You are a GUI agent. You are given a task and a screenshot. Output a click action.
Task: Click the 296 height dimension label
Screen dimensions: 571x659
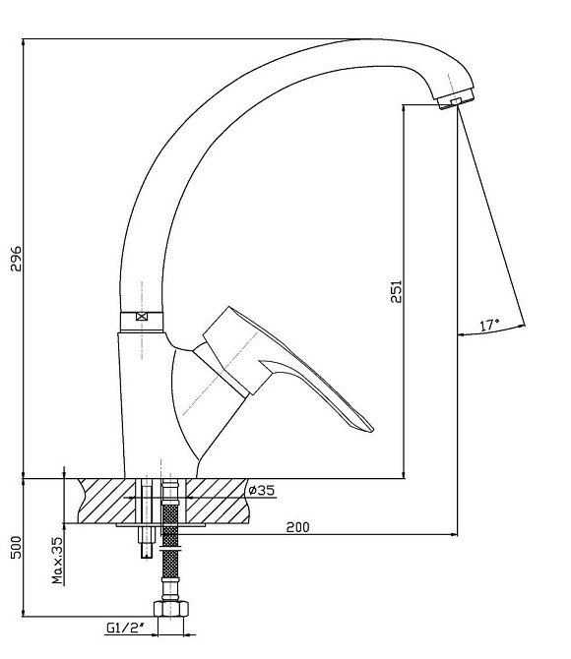click(16, 259)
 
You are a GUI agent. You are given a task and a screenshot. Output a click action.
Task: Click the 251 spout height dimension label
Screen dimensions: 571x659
click(397, 291)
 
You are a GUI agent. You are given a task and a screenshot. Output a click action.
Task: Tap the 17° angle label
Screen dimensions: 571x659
click(489, 325)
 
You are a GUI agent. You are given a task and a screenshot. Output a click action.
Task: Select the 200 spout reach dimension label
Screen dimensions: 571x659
click(297, 527)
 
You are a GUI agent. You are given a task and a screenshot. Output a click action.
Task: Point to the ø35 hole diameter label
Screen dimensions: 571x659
click(261, 490)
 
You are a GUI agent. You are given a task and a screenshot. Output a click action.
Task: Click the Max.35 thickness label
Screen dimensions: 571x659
click(57, 561)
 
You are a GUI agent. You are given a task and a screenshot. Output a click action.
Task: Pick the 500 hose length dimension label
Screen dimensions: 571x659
click(16, 547)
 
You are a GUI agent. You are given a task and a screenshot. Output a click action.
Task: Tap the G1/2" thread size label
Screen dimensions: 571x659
click(125, 628)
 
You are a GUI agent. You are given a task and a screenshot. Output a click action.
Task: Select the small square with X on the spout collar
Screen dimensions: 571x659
click(142, 317)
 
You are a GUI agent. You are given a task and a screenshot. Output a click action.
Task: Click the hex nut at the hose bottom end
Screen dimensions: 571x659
click(170, 609)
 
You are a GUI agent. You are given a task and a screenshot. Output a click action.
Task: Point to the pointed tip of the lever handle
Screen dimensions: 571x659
click(372, 431)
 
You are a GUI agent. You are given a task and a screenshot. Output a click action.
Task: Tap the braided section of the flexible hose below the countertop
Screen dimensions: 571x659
click(170, 542)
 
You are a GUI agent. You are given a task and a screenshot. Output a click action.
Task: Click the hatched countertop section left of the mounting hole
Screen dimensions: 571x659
click(107, 501)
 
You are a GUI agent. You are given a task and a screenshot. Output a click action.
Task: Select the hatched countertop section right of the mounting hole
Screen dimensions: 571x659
click(218, 501)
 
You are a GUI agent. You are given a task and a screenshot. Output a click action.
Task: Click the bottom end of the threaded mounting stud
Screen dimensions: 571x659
click(148, 557)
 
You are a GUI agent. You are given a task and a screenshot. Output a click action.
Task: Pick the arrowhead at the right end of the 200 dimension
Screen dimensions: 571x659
click(454, 535)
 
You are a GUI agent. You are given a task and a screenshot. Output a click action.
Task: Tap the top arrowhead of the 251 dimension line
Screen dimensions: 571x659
click(404, 108)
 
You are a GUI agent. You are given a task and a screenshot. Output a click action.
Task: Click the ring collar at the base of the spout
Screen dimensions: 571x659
click(142, 322)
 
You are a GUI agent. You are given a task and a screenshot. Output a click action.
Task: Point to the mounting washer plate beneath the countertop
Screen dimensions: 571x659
click(160, 525)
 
